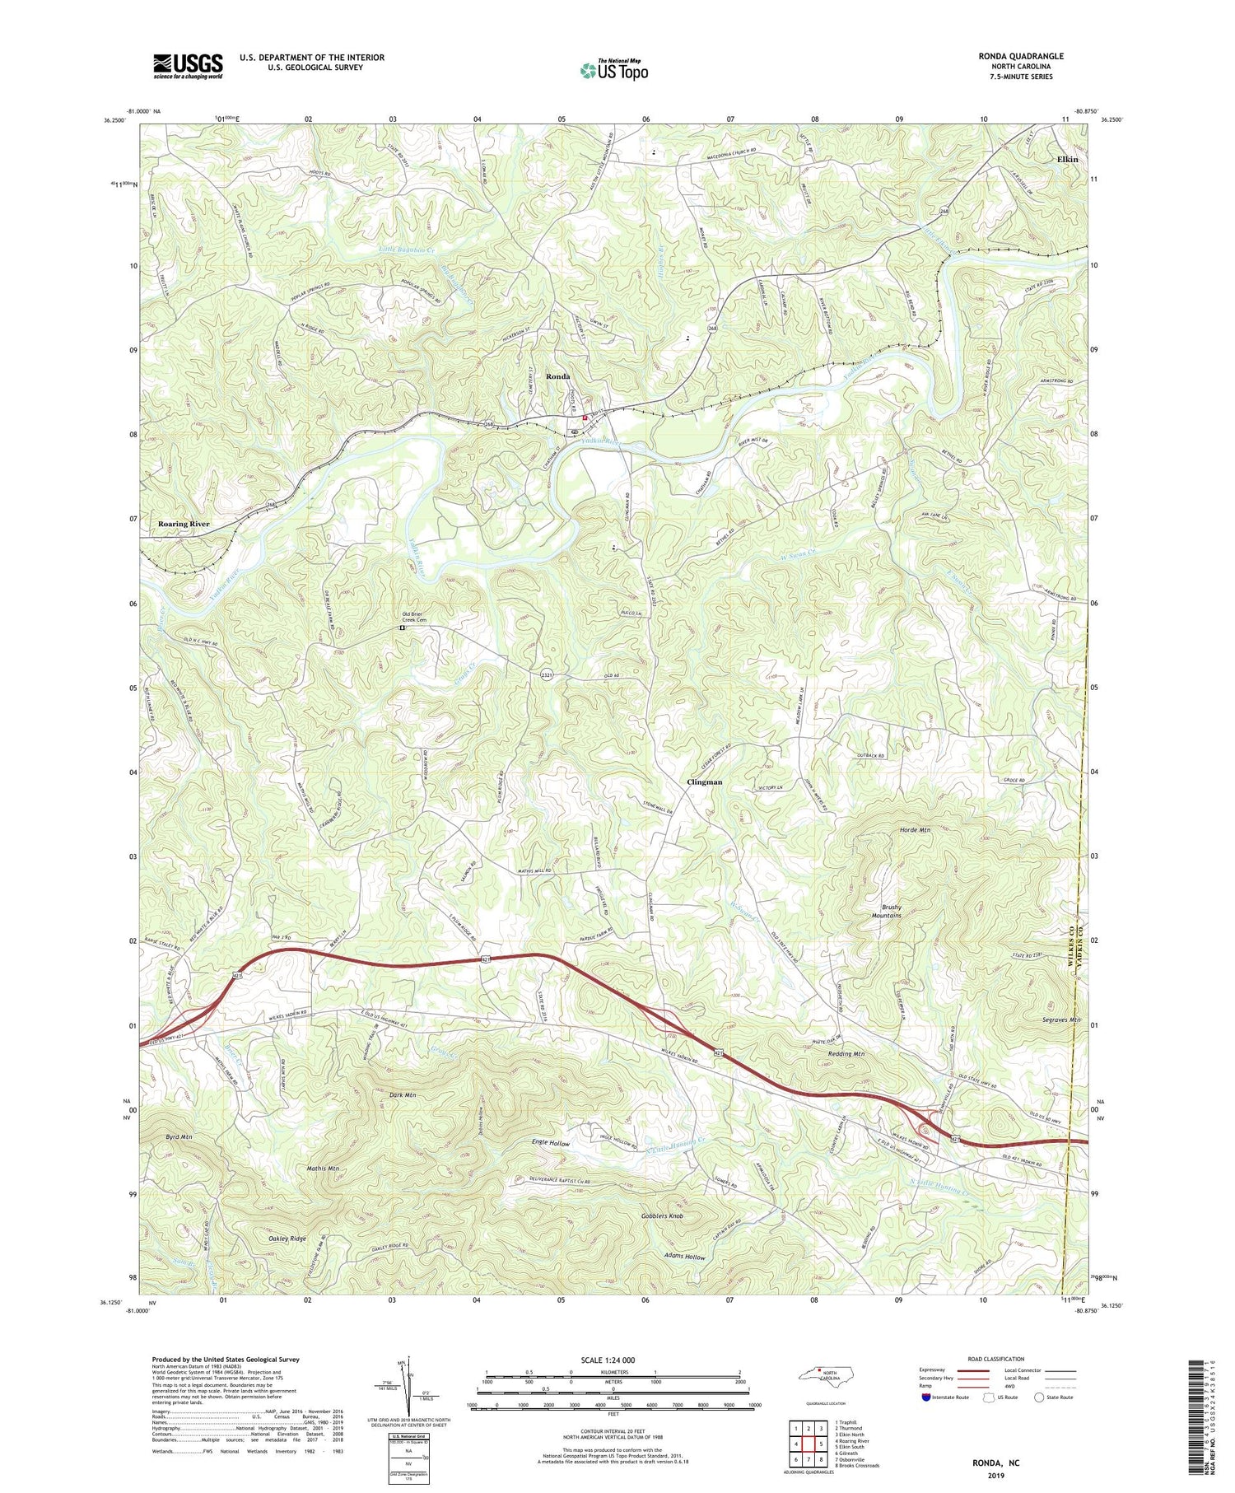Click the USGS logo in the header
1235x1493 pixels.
point(188,66)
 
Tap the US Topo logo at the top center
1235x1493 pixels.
point(613,71)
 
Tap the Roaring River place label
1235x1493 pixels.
point(184,524)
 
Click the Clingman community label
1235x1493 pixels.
point(705,782)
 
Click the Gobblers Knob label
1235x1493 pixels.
point(662,1215)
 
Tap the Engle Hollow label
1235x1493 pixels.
point(550,1144)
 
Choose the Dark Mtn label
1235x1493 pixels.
point(403,1095)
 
